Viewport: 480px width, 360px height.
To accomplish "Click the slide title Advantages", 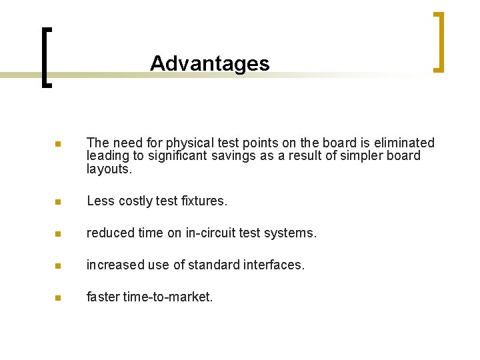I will [209, 63].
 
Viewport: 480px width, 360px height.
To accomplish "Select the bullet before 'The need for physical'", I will [58, 144].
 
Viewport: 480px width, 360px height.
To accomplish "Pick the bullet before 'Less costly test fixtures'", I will [58, 201].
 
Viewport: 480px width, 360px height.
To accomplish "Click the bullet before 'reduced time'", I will [58, 233].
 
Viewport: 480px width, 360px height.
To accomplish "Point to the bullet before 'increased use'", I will [58, 265].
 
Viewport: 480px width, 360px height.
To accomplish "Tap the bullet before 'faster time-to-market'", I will [58, 297].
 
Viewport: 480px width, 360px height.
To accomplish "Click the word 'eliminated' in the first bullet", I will [405, 143].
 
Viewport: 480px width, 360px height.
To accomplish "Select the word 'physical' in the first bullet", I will [165, 143].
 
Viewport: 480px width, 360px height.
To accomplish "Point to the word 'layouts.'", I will [109, 169].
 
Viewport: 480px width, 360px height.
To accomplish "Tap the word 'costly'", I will [135, 201].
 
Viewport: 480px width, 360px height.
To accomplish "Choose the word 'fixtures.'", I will [204, 201].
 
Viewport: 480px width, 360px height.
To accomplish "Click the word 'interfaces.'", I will [273, 265].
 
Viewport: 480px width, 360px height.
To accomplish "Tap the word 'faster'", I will [103, 297].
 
